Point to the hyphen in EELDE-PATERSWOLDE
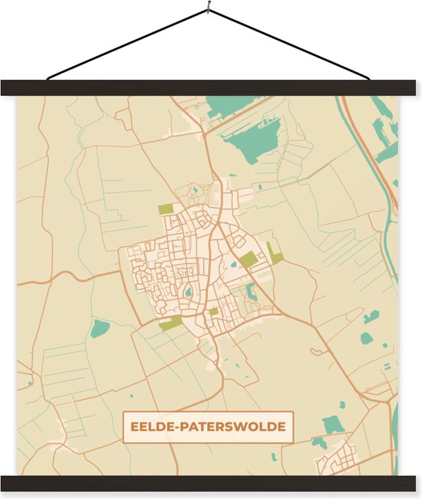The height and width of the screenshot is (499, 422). [178, 426]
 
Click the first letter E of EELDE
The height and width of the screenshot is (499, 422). [134, 426]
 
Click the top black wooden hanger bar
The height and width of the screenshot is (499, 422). [211, 87]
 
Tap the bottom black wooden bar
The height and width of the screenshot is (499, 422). [211, 483]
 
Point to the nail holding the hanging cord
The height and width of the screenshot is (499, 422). [208, 10]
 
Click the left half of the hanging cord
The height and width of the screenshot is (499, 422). [127, 45]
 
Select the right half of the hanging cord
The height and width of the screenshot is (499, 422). [290, 45]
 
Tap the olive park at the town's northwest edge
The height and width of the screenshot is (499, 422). [166, 208]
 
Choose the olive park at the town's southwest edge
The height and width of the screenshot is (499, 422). [171, 324]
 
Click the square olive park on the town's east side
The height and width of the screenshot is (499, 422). [247, 261]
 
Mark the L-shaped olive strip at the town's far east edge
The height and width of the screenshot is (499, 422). [275, 255]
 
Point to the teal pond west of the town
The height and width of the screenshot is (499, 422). [100, 329]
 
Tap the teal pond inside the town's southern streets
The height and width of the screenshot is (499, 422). [188, 291]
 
